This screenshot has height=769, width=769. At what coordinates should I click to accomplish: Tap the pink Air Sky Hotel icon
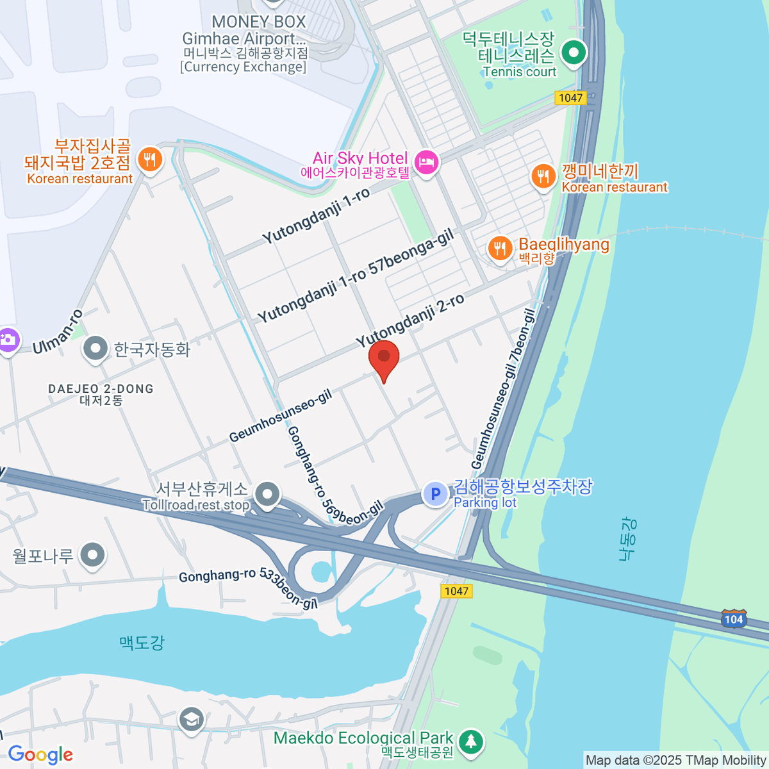coord(426,162)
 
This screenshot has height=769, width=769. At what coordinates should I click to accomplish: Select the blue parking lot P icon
coord(436,493)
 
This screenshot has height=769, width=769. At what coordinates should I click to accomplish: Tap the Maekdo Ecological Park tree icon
coord(471,741)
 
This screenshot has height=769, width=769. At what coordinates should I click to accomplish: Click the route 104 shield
coord(734,619)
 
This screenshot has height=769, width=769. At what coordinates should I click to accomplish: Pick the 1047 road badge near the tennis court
coord(570,97)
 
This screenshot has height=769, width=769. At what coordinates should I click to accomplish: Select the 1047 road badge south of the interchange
coord(456,591)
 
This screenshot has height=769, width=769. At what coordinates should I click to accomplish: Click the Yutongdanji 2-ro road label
coord(410,322)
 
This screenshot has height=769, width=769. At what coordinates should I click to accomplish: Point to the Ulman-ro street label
coord(58,332)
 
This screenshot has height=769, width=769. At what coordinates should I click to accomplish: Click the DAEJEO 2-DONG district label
coord(101,389)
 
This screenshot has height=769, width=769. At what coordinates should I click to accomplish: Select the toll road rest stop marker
coord(267,494)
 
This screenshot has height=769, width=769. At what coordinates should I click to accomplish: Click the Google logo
coord(40,755)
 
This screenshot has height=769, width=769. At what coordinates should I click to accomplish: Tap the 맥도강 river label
coord(142,642)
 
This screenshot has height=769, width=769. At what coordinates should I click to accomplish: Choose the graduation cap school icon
coord(191,719)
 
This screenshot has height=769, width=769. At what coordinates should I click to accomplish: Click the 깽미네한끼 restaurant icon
coord(543,176)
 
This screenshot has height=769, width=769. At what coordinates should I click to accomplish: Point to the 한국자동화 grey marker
coord(96,349)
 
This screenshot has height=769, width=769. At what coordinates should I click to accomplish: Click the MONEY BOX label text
coord(259,22)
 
